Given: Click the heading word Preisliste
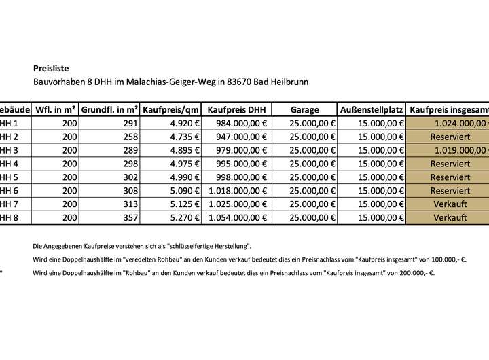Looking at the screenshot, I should tap(51, 68).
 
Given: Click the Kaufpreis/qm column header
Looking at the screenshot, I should tap(170, 109).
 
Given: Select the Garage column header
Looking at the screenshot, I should tap(304, 109).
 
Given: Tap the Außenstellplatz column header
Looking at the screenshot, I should tap(372, 109).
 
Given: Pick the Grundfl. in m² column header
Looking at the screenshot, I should tap(110, 109).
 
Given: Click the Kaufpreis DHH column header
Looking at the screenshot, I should tap(237, 109).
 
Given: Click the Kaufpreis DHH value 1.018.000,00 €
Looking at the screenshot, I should tap(238, 191).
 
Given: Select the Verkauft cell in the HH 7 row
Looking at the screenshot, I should tap(450, 204).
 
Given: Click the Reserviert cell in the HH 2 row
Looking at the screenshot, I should tap(450, 137).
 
